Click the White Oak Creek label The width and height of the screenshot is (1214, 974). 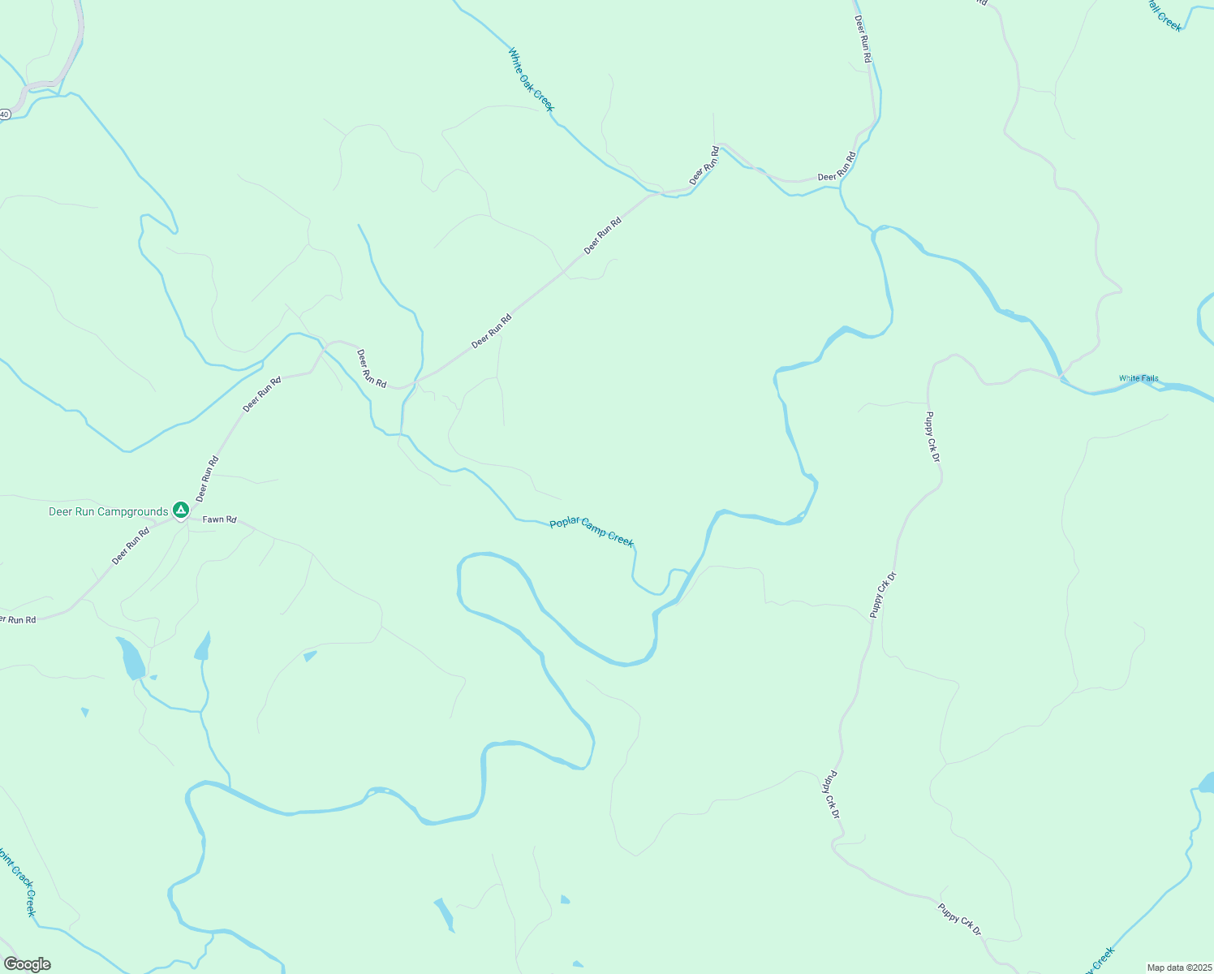(x=532, y=80)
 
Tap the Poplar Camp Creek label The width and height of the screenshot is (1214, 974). (x=592, y=532)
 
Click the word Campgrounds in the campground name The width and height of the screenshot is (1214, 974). (x=132, y=511)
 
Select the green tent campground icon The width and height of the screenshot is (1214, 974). (x=181, y=510)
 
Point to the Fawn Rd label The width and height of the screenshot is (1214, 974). (x=219, y=519)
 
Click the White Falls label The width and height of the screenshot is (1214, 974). (x=1139, y=378)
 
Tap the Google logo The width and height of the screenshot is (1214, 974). (x=27, y=964)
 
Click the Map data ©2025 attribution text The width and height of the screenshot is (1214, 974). (x=1178, y=968)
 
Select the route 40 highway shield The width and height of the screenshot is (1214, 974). (x=4, y=114)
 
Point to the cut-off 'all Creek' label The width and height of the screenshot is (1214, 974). (x=1164, y=16)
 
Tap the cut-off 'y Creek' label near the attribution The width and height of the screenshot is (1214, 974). (x=1100, y=960)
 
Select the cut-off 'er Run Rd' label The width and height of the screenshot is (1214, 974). (x=18, y=620)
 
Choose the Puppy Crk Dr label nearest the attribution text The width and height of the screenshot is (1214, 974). (x=960, y=919)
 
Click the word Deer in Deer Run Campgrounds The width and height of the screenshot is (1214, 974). (x=61, y=511)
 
